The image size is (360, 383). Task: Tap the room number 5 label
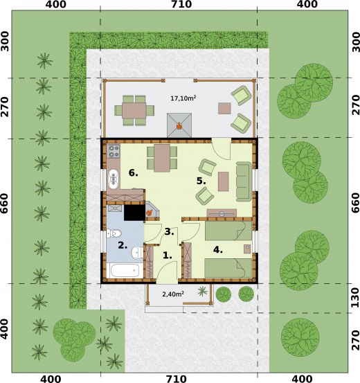pos(201,181)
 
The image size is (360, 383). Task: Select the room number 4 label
pos(217,250)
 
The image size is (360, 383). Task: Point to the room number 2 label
pos(122,244)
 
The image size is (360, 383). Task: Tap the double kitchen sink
pos(114,179)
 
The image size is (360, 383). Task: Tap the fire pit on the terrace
pos(179,125)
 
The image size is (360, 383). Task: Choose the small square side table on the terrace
pos(224,107)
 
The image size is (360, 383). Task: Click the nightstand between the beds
pos(247,248)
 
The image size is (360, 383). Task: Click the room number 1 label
pos(168,256)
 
